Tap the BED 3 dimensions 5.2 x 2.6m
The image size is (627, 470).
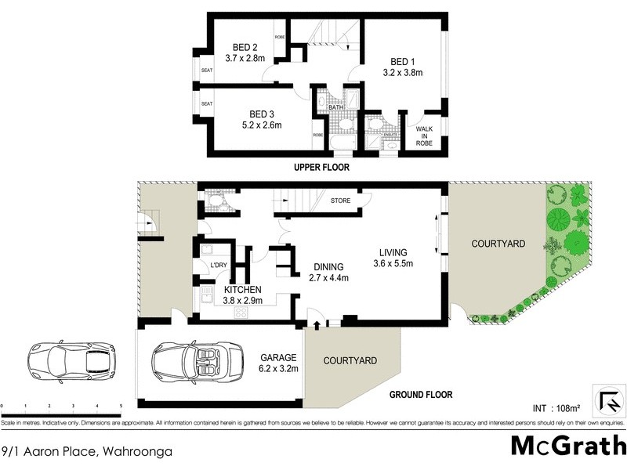coord(260,124)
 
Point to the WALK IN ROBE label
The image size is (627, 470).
coord(424,135)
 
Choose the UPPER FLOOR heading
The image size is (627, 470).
coord(321,168)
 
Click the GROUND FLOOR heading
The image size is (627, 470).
coord(422,395)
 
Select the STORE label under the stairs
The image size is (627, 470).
coord(340,201)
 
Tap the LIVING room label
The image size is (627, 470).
coord(393,252)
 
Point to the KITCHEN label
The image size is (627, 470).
coord(242,288)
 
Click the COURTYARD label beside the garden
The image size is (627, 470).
coord(498,244)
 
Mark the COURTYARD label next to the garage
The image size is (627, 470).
coord(351,360)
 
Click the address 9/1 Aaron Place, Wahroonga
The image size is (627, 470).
coord(86,451)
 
